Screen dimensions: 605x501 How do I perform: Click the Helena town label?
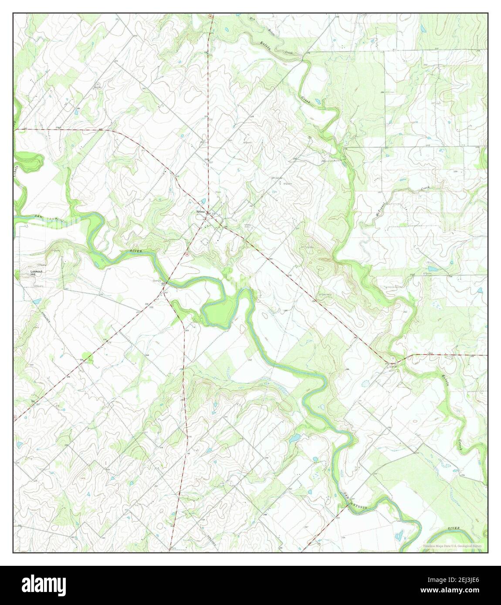click(x=200, y=212)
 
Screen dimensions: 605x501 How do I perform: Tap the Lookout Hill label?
click(x=34, y=273)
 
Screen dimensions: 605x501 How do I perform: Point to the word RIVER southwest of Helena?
click(x=136, y=251)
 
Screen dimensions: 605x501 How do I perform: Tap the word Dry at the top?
click(x=252, y=18)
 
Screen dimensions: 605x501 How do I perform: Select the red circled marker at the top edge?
click(x=210, y=17)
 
